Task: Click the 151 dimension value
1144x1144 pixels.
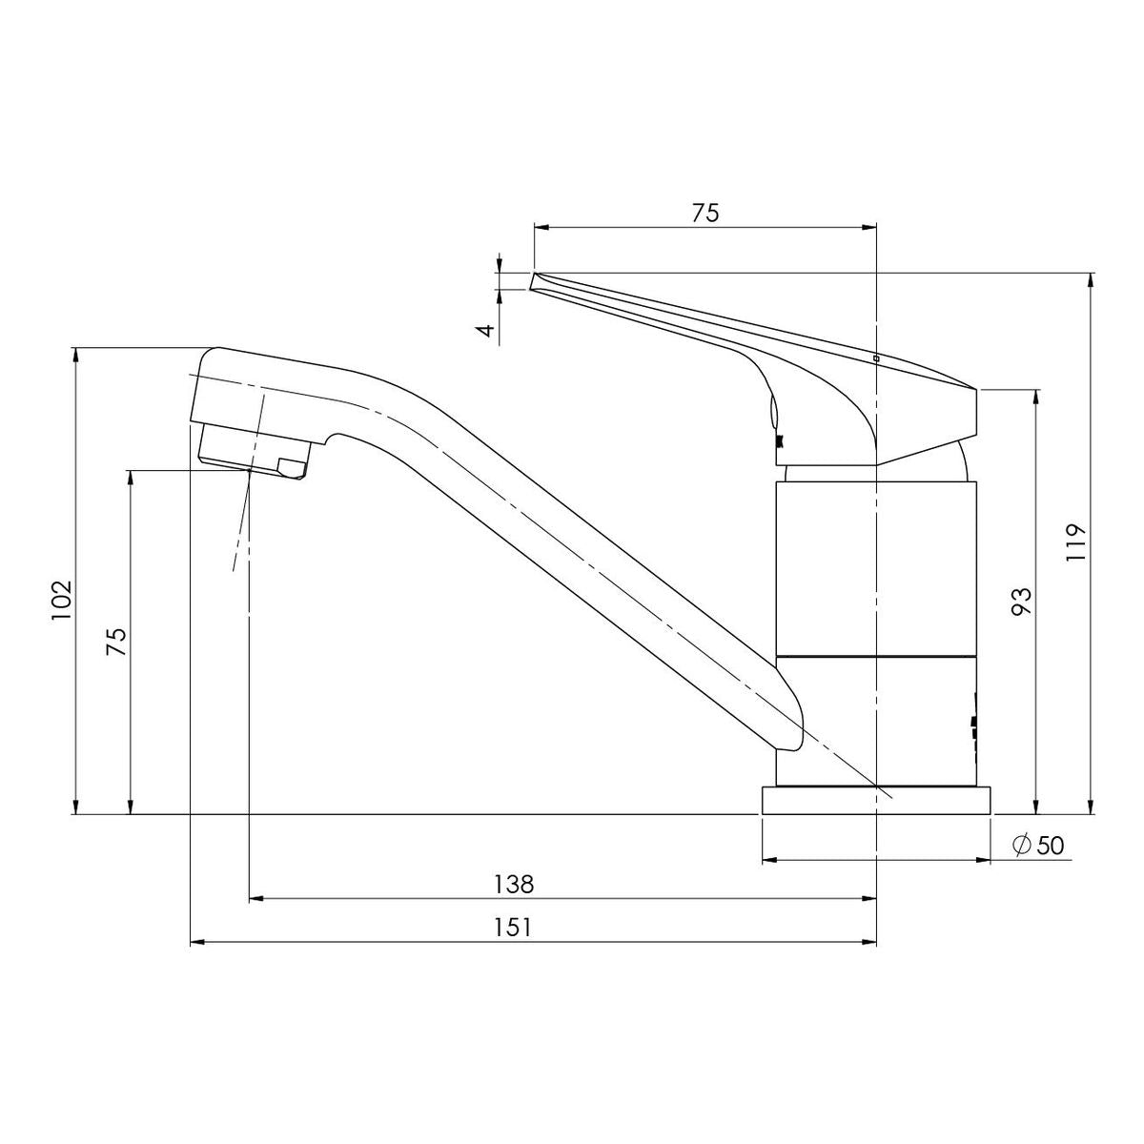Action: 514,928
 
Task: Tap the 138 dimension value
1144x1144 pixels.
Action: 515,885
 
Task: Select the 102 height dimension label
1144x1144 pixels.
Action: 62,601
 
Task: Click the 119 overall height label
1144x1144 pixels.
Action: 1075,542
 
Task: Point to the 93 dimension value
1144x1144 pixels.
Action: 1022,602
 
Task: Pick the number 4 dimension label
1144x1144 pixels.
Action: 487,330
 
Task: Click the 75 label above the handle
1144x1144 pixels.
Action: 705,213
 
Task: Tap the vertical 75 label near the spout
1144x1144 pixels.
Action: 116,642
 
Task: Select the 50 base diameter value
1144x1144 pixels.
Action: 1051,846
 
